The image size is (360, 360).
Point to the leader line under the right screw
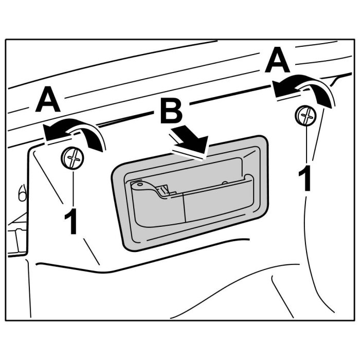point(307,147)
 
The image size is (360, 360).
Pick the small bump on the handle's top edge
point(225,182)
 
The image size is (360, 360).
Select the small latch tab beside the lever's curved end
point(164,190)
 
